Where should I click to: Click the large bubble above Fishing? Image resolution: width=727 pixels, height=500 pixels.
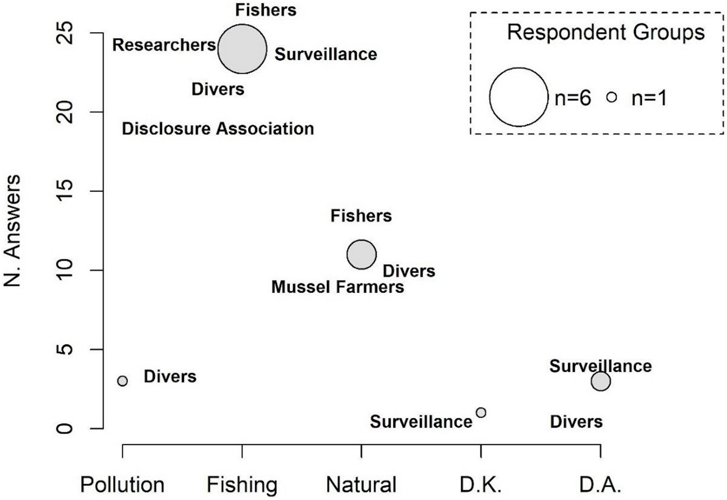[242, 49]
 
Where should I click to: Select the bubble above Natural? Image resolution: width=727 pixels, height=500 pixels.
[361, 254]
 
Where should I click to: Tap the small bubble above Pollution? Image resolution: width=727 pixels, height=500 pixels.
[122, 381]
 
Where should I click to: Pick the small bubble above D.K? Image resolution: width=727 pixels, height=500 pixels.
[481, 412]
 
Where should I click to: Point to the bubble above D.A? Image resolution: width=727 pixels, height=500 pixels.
[601, 381]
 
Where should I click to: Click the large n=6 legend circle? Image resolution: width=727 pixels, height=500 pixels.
[518, 97]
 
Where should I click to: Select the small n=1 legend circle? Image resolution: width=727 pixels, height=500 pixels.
[611, 97]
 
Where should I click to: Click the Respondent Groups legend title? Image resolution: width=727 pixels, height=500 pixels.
[606, 32]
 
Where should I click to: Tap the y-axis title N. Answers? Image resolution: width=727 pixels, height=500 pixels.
[12, 231]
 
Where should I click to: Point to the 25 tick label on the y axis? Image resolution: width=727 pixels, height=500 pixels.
[65, 33]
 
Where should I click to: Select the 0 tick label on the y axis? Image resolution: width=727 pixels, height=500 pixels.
[65, 428]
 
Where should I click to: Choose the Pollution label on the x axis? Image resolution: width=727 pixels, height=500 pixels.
[122, 485]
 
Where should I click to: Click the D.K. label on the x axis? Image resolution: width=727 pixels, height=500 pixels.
[481, 485]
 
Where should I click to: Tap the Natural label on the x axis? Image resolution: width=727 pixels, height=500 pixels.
[361, 485]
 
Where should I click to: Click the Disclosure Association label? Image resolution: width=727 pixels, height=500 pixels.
[218, 129]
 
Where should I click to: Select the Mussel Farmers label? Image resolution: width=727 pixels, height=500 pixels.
[337, 287]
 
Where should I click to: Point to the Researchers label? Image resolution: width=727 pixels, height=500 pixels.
[164, 45]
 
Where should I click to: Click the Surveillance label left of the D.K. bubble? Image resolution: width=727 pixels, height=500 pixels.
[421, 422]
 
